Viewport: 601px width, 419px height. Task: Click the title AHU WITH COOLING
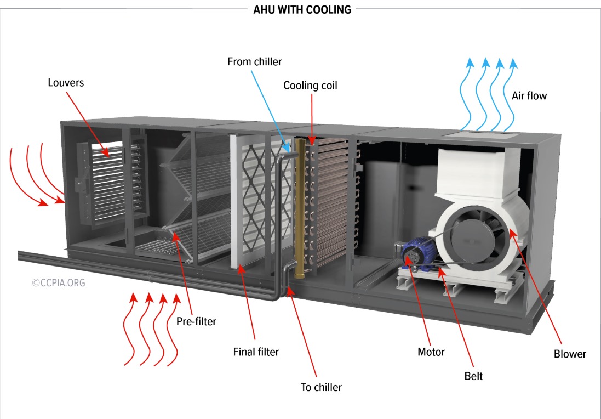tap(302, 10)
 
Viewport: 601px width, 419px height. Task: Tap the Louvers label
tap(66, 83)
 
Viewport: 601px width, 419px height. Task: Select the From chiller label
tap(254, 61)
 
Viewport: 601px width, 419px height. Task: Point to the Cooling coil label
tap(310, 86)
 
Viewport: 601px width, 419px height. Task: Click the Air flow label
tap(529, 96)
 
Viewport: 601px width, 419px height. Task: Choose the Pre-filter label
tap(196, 321)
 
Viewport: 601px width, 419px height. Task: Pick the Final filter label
tap(256, 352)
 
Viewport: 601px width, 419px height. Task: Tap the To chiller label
tap(321, 387)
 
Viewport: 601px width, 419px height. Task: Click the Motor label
tap(431, 352)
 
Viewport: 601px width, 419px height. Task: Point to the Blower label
tap(570, 354)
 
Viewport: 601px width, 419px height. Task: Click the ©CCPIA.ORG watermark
tap(59, 283)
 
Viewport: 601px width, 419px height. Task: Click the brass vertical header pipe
tap(300, 208)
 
